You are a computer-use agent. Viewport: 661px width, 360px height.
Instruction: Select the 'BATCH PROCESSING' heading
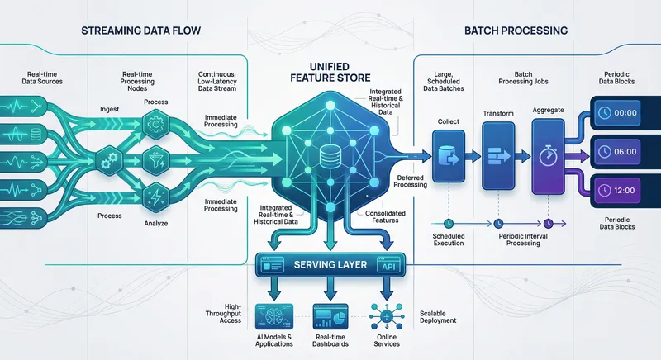(521, 31)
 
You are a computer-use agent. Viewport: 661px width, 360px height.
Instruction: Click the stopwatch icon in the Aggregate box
(548, 153)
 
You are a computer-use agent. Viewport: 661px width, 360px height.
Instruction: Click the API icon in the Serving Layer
(386, 266)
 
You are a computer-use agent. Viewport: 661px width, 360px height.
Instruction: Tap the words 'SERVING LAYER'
(329, 266)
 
